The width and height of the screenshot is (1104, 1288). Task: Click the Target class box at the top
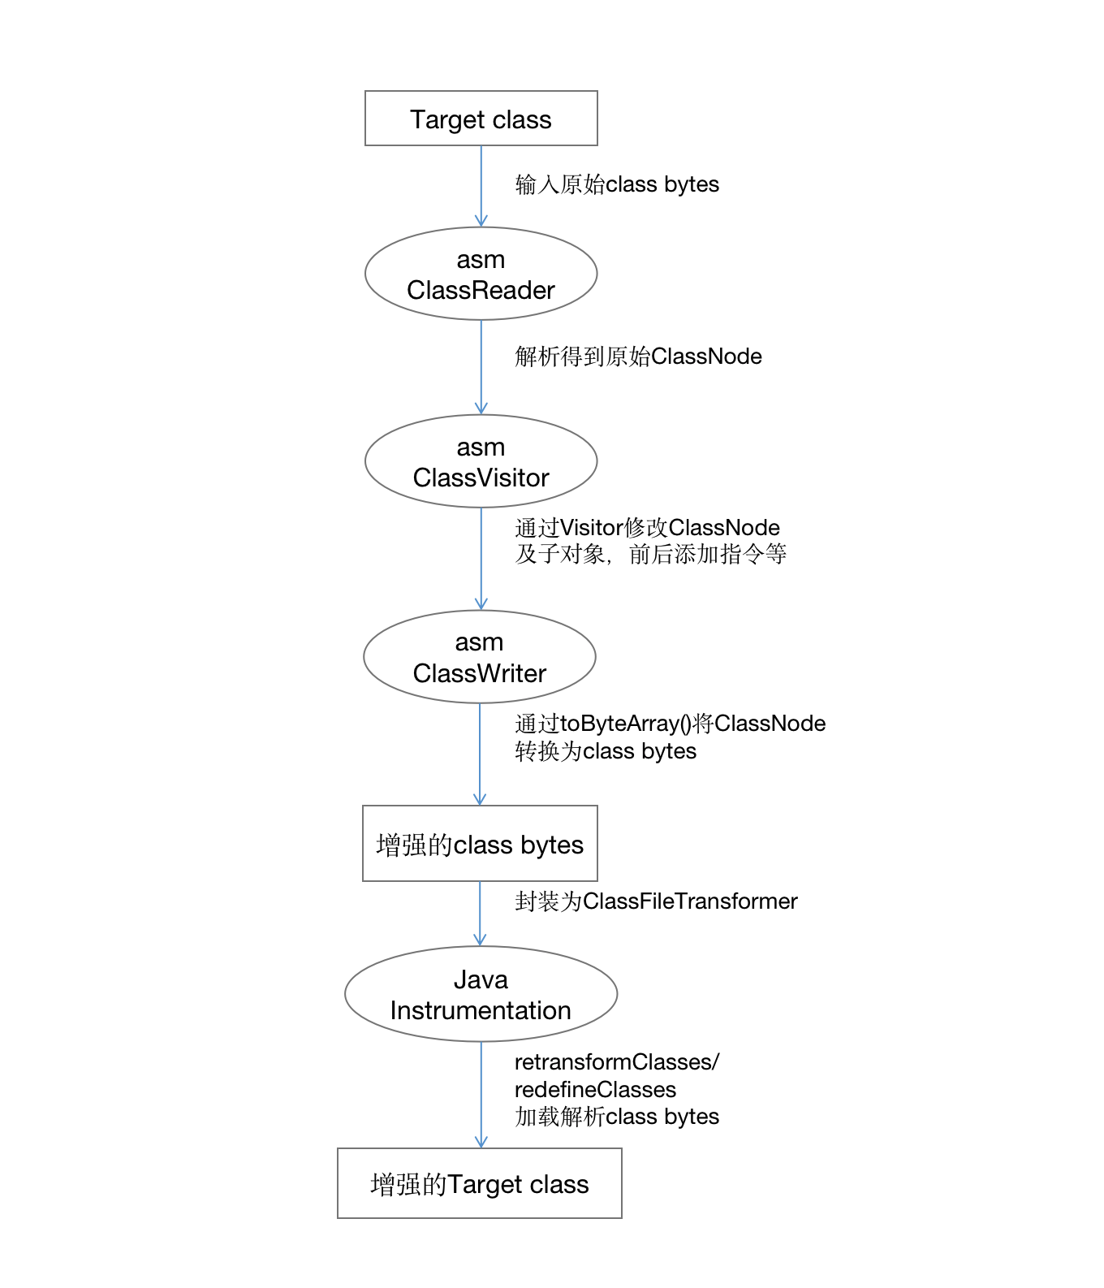[x=481, y=119]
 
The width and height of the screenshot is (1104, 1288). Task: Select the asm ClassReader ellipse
[x=481, y=274]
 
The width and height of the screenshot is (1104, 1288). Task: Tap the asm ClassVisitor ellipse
[x=481, y=461]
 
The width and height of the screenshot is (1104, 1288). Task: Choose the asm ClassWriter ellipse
[x=479, y=657]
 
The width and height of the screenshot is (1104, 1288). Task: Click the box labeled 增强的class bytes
[x=480, y=844]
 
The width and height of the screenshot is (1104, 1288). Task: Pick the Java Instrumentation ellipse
[x=481, y=994]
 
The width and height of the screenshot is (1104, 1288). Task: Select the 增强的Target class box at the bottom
[x=479, y=1183]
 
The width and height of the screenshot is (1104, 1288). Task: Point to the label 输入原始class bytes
[x=617, y=184]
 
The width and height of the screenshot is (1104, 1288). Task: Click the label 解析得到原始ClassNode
[x=638, y=356]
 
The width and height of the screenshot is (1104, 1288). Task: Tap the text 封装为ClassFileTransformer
[x=656, y=901]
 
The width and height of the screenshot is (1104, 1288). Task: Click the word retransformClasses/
[x=617, y=1061]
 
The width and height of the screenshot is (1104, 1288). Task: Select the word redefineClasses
[x=595, y=1089]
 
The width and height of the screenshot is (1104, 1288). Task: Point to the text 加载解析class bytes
[x=617, y=1117]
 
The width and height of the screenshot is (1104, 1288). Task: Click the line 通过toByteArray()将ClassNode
[x=670, y=723]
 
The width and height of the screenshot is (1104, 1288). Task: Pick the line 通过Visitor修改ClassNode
[x=647, y=527]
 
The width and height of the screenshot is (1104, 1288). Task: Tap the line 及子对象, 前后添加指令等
[x=650, y=555]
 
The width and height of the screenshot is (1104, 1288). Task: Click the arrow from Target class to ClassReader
[x=481, y=186]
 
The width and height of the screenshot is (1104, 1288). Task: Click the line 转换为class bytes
[x=606, y=751]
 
